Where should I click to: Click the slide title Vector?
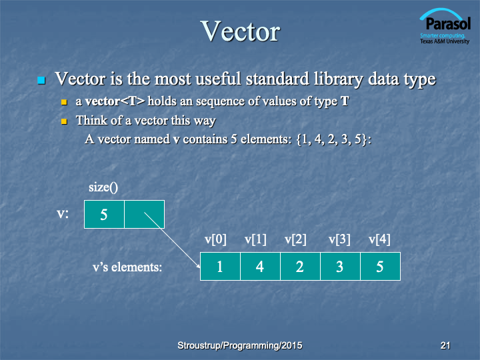click(x=240, y=31)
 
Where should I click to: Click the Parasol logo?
click(x=445, y=26)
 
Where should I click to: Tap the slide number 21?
click(x=445, y=345)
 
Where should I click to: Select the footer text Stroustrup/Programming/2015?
click(x=240, y=345)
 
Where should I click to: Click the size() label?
click(x=103, y=187)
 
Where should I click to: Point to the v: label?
click(x=63, y=214)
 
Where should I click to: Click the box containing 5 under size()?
click(x=104, y=214)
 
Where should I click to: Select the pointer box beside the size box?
click(x=145, y=214)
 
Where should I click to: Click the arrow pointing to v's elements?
click(x=172, y=240)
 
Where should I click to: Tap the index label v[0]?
click(x=215, y=239)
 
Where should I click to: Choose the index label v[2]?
click(x=295, y=239)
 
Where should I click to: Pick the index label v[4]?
click(x=379, y=239)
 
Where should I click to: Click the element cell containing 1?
click(x=220, y=266)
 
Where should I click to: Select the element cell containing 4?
click(x=260, y=266)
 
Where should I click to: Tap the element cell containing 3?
click(x=341, y=266)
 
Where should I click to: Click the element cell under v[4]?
click(x=381, y=266)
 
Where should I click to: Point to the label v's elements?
click(x=127, y=267)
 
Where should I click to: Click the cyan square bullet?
click(x=41, y=80)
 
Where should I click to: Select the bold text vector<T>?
click(x=115, y=101)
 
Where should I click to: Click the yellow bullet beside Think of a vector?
click(x=64, y=121)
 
